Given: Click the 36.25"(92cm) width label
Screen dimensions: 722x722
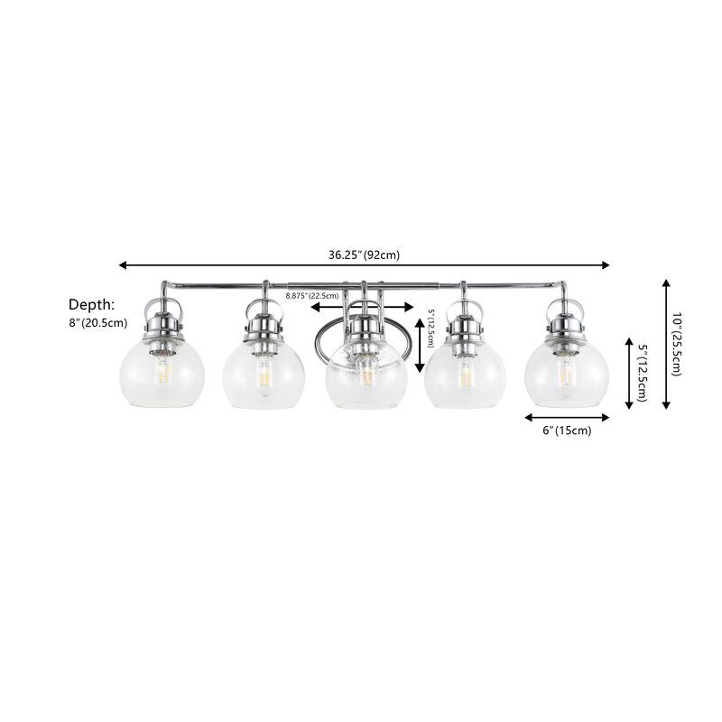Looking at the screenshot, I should coord(364,255).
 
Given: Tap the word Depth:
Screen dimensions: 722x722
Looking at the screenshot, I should coord(92,304).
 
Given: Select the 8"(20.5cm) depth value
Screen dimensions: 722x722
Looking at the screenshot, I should coord(97,323).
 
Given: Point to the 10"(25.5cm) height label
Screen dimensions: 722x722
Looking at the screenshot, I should coord(678,344).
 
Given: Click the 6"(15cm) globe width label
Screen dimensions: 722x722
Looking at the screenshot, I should coord(566,430).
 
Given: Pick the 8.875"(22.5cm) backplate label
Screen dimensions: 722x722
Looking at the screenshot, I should coord(311,295).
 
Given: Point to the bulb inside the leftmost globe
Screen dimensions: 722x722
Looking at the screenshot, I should coord(163,371).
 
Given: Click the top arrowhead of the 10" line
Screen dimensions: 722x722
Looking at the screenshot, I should coord(666,283).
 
